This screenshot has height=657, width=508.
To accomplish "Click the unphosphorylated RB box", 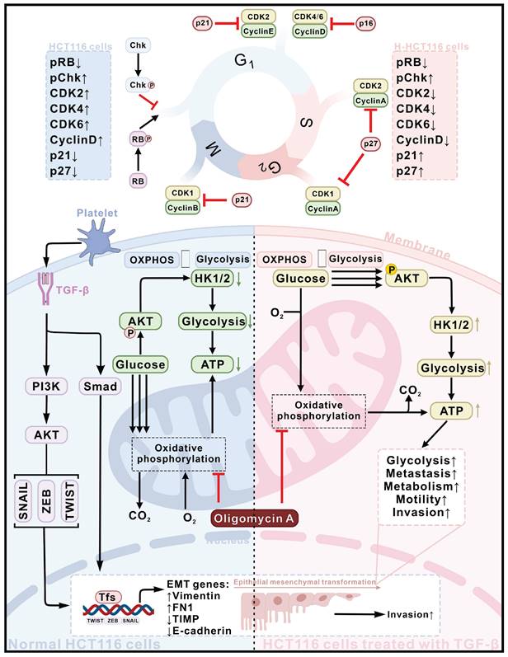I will click(139, 180).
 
